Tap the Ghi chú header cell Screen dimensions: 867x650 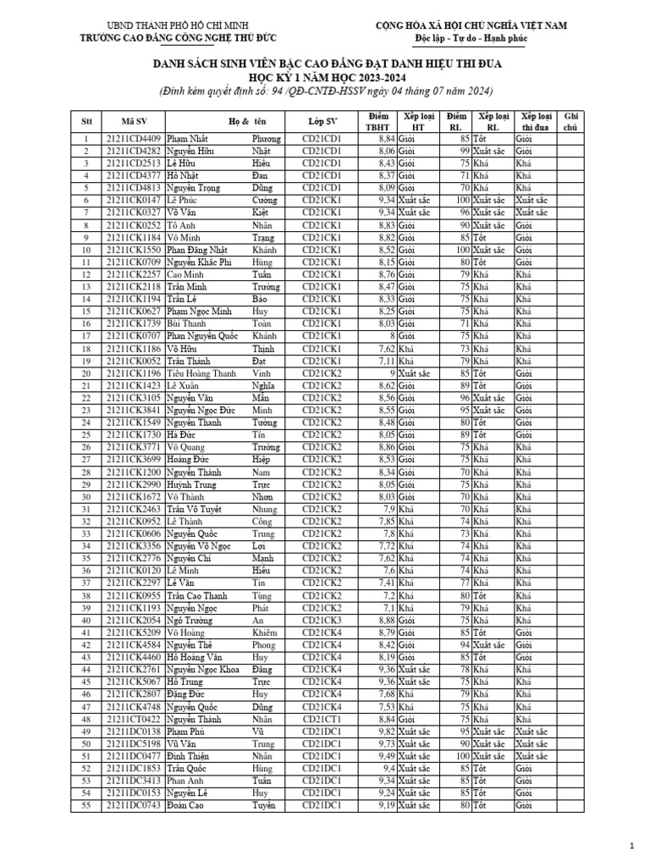570,120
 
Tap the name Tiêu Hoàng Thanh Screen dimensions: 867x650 201,373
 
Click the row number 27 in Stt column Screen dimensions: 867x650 85,459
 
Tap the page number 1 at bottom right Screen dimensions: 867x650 632,847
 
